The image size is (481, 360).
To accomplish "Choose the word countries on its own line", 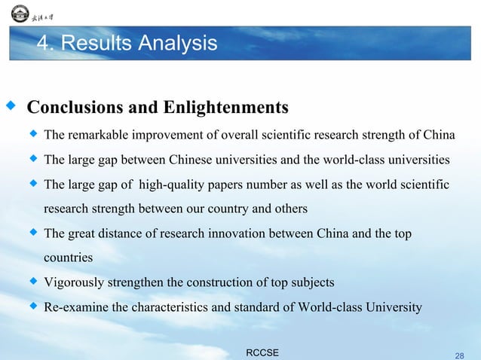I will pos(69,258).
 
